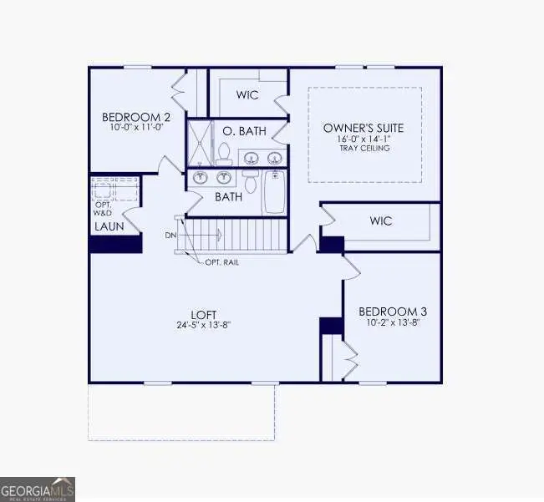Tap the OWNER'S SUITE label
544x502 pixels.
click(x=364, y=128)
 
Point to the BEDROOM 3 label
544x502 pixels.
click(x=391, y=311)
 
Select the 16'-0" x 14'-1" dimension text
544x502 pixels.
click(x=364, y=139)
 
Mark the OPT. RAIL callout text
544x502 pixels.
click(x=223, y=261)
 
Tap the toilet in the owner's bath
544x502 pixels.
click(x=223, y=153)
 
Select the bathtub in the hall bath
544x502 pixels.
click(x=275, y=193)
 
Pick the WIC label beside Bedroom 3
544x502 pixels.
click(x=380, y=222)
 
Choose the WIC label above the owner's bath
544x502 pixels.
click(x=247, y=94)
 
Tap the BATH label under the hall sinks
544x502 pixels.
click(x=228, y=197)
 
